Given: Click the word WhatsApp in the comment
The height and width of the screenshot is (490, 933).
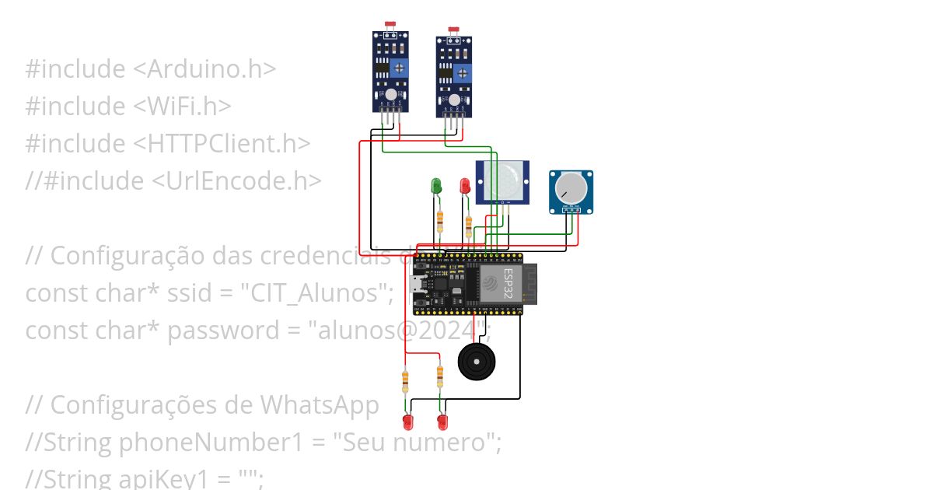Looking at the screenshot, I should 320,405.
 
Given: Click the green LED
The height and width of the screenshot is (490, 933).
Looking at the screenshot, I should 436,186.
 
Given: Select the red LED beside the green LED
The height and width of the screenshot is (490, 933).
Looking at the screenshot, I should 465,186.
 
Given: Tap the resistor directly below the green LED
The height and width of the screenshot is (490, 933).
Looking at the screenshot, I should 440,220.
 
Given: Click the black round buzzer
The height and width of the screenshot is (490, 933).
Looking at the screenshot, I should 475,362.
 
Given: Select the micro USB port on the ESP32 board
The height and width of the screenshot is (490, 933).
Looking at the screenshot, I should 419,284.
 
